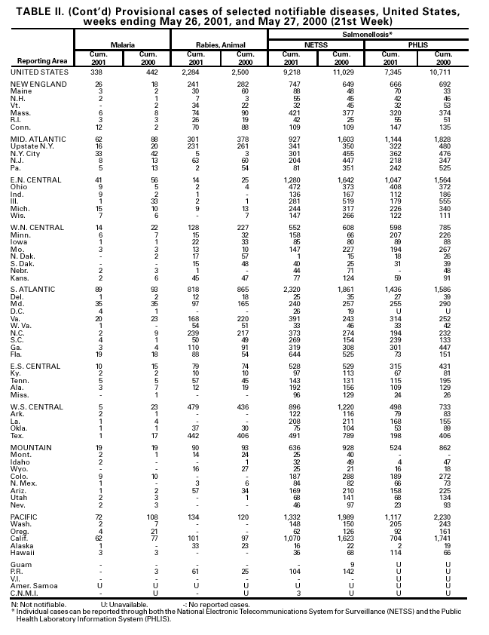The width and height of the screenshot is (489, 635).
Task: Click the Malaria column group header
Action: pyautogui.click(x=123, y=45)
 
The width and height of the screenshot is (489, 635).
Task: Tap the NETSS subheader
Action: pyautogui.click(x=316, y=45)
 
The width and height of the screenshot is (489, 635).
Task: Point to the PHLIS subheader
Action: pyautogui.click(x=417, y=45)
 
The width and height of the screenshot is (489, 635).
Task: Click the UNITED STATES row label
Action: pyautogui.click(x=39, y=72)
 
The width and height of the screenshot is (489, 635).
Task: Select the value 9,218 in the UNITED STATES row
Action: pyautogui.click(x=292, y=72)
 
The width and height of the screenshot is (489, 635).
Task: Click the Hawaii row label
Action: pyautogui.click(x=22, y=552)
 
